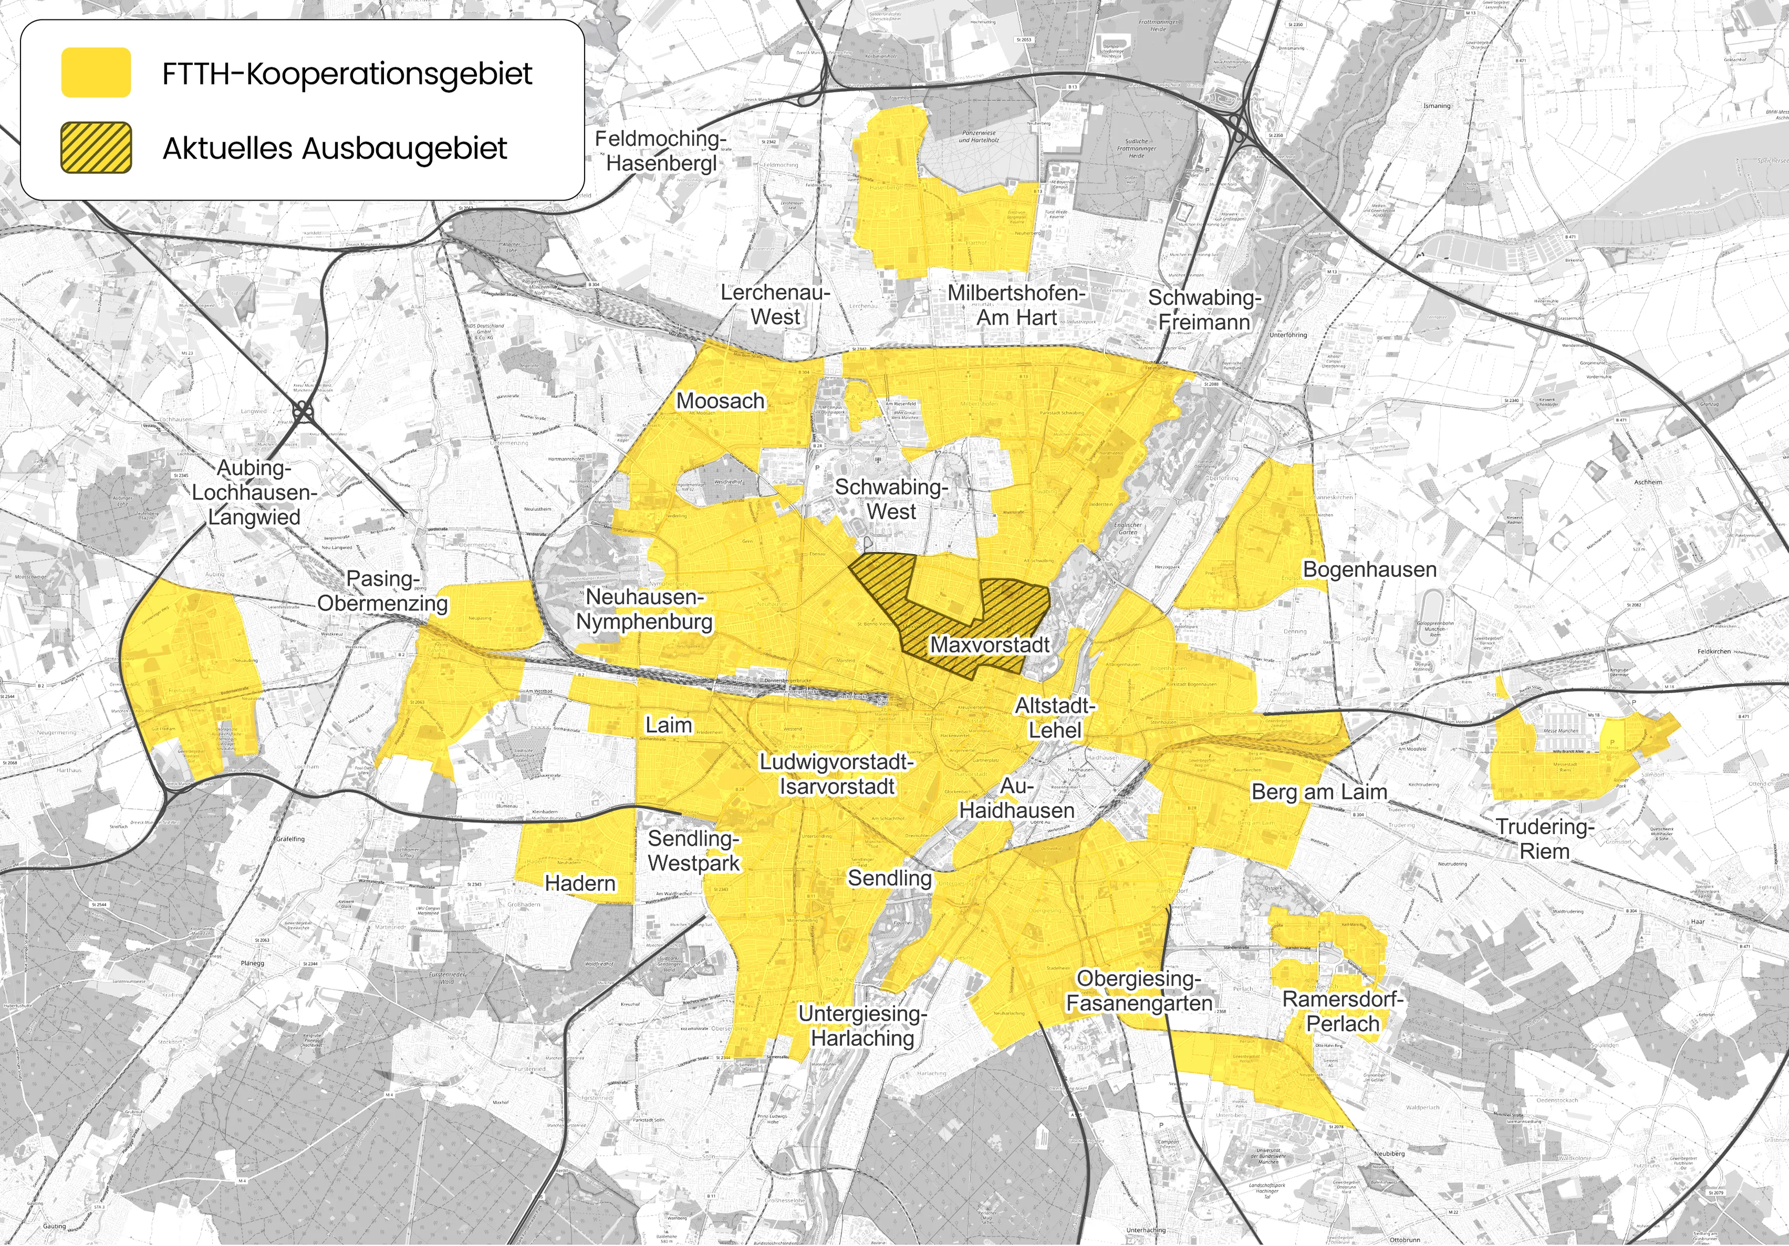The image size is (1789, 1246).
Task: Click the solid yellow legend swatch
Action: (x=96, y=72)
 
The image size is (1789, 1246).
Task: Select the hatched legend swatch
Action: (x=96, y=147)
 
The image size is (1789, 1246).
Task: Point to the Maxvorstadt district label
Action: (x=990, y=645)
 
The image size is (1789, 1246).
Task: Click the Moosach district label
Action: (x=720, y=401)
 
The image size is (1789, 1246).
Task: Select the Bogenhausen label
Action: (x=1369, y=569)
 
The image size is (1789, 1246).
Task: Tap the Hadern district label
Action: (x=580, y=883)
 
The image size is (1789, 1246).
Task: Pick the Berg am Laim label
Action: (x=1319, y=792)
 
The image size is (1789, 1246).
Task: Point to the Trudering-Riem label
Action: (x=1544, y=839)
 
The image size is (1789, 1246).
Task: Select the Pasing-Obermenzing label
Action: (x=382, y=591)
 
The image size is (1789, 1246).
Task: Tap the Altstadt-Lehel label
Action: (x=1055, y=718)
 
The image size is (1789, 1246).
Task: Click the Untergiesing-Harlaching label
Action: (x=862, y=1025)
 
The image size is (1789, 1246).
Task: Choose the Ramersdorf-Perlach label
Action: (x=1343, y=1011)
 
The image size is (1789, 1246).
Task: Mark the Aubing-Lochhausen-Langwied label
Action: (x=254, y=492)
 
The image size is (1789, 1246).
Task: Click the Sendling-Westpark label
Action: (x=693, y=851)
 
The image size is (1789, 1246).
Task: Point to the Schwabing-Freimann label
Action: (x=1204, y=310)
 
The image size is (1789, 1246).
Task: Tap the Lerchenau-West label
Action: (x=775, y=305)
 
